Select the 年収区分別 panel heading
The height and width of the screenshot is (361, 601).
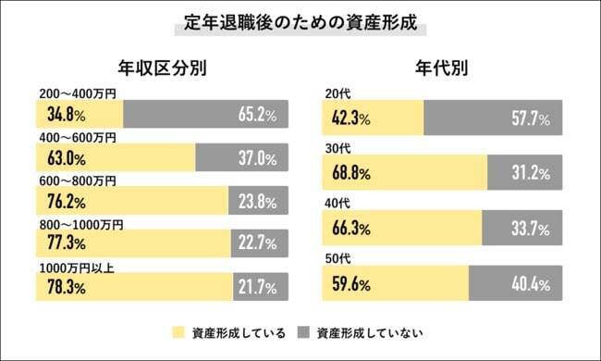[162, 68]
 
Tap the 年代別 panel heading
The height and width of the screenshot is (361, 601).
[441, 68]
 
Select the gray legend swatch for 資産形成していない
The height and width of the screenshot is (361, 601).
[303, 330]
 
